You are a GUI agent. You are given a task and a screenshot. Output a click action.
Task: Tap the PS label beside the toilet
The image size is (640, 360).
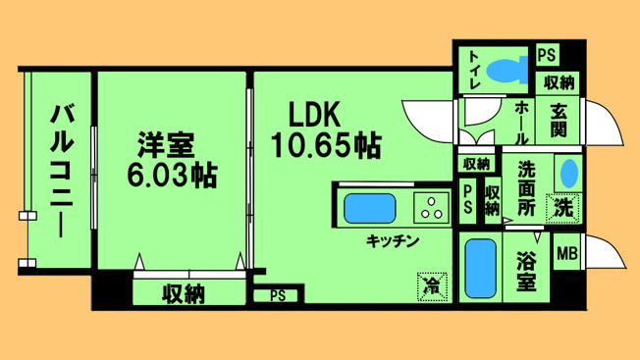pyautogui.click(x=547, y=55)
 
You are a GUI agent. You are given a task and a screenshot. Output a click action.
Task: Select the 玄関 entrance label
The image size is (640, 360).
pyautogui.click(x=559, y=120)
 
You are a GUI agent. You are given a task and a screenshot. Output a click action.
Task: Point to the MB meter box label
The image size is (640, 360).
pyautogui.click(x=567, y=254)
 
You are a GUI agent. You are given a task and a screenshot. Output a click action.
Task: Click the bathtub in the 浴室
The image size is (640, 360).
pyautogui.click(x=480, y=268)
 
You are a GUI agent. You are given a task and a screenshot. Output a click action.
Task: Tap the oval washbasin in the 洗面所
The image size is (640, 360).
pyautogui.click(x=569, y=174)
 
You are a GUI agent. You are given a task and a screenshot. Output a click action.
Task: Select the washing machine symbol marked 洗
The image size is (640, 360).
pyautogui.click(x=563, y=208)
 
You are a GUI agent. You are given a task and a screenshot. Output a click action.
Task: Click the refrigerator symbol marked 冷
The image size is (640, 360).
pyautogui.click(x=432, y=287)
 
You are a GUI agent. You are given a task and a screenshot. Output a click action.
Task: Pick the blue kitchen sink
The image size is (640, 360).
pyautogui.click(x=370, y=208)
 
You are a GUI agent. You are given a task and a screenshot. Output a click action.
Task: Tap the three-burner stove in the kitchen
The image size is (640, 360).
pyautogui.click(x=432, y=208)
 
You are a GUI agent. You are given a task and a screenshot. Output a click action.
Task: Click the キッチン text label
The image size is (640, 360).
pyautogui.click(x=393, y=241)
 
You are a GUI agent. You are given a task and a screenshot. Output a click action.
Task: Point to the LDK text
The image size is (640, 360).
pyautogui.click(x=314, y=115)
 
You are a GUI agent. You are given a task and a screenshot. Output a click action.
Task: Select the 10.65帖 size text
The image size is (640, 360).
pyautogui.click(x=326, y=145)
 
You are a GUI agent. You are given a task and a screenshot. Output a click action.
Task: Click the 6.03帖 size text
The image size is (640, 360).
pyautogui.click(x=172, y=175)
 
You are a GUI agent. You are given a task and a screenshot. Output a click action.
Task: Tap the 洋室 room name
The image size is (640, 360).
pyautogui.click(x=166, y=145)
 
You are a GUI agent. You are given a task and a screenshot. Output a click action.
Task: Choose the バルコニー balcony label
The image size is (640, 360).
pyautogui.click(x=61, y=171)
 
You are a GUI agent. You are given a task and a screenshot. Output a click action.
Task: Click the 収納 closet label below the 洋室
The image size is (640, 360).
pyautogui.click(x=184, y=293)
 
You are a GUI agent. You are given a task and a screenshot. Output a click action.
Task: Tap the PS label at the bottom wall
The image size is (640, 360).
pyautogui.click(x=278, y=295)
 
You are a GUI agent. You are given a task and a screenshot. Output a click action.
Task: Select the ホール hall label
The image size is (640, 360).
pyautogui.click(x=521, y=123)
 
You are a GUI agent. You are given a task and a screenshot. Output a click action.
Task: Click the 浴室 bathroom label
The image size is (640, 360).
pyautogui.click(x=526, y=271)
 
